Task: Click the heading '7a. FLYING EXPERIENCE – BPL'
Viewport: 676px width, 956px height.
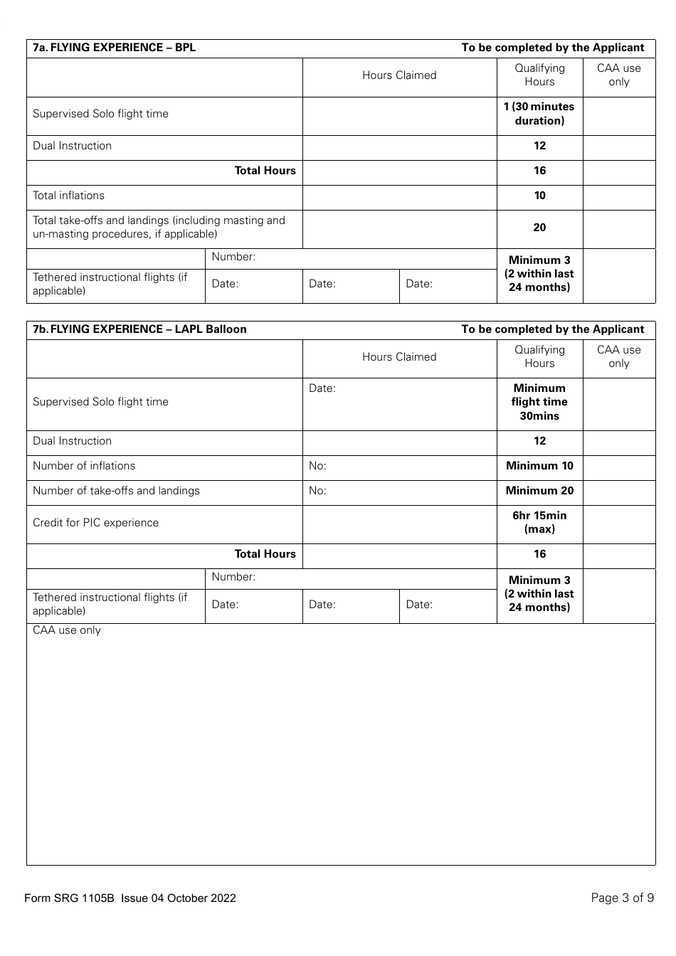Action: click(114, 48)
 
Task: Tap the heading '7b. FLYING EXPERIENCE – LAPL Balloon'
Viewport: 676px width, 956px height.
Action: click(139, 329)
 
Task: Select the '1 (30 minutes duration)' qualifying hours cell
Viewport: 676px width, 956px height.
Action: click(539, 114)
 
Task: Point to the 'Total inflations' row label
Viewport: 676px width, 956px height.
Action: click(68, 196)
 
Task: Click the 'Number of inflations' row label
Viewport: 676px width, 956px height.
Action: click(84, 466)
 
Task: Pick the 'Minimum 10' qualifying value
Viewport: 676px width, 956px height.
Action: click(539, 466)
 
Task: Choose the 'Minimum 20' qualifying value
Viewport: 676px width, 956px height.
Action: click(539, 491)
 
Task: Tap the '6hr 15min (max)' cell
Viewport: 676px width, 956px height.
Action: click(539, 522)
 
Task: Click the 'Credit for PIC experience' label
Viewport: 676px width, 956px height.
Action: click(95, 523)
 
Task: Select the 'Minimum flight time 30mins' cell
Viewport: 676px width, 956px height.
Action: click(539, 402)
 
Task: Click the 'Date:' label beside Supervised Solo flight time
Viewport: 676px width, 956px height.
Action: click(322, 388)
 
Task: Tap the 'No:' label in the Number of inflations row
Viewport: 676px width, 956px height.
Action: click(317, 466)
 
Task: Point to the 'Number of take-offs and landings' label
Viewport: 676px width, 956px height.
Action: click(116, 491)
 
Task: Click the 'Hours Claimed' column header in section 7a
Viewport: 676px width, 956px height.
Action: click(399, 75)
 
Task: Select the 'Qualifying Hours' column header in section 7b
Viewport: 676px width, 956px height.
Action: click(539, 356)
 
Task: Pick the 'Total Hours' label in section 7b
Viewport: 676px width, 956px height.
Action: click(265, 554)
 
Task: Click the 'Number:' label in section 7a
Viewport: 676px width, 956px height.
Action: click(233, 257)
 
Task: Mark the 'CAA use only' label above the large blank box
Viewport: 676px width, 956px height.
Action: click(67, 630)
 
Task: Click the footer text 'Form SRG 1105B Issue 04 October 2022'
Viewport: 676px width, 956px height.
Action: click(130, 898)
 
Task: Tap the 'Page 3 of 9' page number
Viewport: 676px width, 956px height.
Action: click(622, 898)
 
